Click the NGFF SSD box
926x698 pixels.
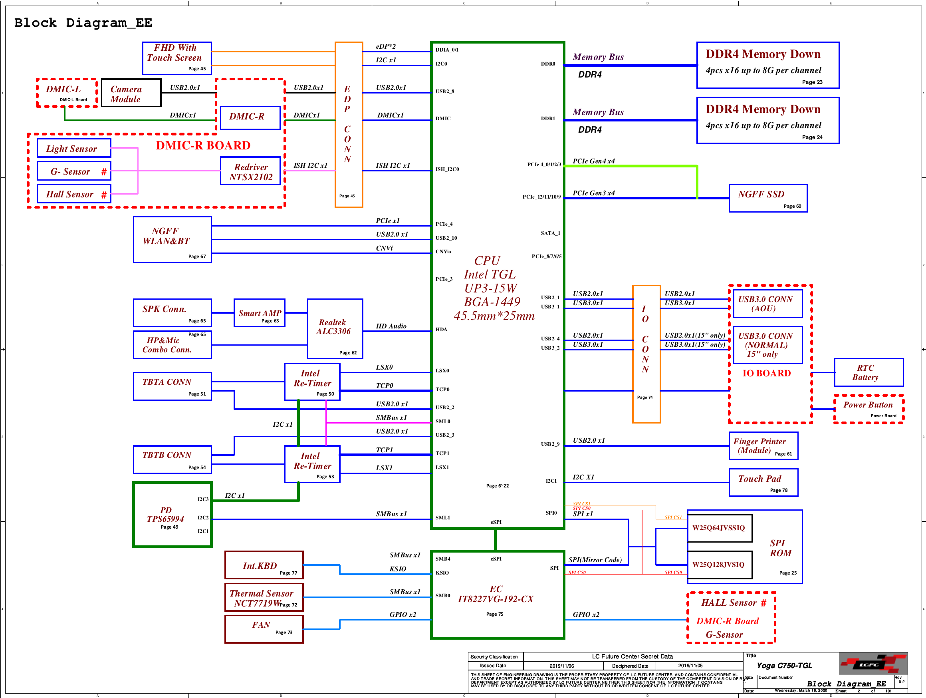tap(767, 198)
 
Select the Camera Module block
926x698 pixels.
tap(131, 93)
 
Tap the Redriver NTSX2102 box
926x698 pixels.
tap(250, 171)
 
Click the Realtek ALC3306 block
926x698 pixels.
tap(335, 329)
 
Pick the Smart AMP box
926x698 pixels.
tap(260, 313)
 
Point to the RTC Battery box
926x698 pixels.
tap(868, 372)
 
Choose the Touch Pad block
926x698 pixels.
tap(763, 483)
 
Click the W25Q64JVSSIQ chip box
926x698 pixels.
tap(719, 528)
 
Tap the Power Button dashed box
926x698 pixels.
tap(868, 409)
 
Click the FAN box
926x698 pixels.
tap(264, 628)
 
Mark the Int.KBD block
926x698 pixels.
tap(264, 565)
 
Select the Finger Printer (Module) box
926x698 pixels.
tap(763, 446)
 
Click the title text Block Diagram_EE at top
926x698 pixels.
tap(83, 23)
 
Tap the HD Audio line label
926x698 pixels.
tap(391, 326)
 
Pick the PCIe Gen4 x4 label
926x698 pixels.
tap(594, 161)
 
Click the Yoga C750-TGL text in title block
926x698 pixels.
tap(785, 665)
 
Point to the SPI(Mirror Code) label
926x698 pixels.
tap(595, 560)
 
